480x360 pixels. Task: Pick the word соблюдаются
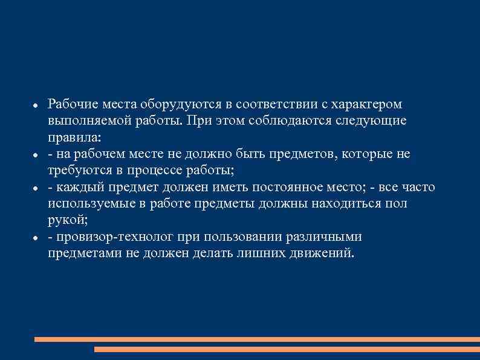click(x=292, y=121)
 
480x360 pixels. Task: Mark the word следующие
click(x=375, y=121)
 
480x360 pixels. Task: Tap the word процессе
click(x=168, y=170)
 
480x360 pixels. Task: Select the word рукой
click(x=67, y=220)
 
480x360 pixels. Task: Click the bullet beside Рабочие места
click(x=36, y=106)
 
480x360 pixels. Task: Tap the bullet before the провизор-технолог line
click(x=36, y=238)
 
